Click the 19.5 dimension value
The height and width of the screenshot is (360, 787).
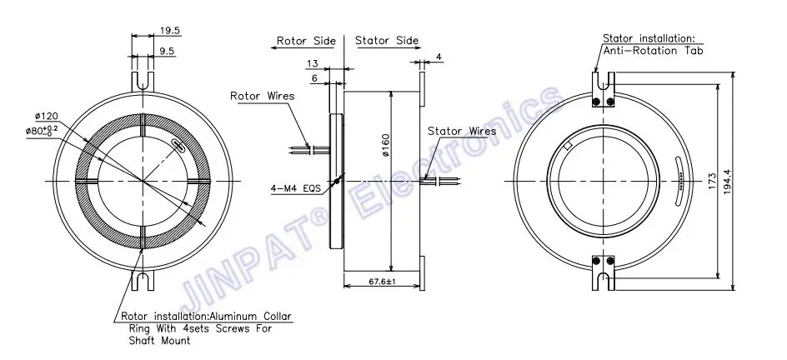(x=169, y=31)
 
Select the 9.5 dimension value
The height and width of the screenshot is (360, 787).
(x=167, y=51)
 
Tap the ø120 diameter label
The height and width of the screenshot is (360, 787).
(x=46, y=117)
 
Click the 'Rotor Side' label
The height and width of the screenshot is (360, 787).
(x=306, y=41)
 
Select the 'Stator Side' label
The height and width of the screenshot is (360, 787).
(x=387, y=41)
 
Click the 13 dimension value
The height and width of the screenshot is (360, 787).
(x=312, y=63)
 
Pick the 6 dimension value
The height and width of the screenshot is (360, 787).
(x=314, y=78)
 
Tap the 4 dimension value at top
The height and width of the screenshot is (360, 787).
(x=439, y=57)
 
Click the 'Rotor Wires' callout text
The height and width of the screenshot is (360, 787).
(x=262, y=96)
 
